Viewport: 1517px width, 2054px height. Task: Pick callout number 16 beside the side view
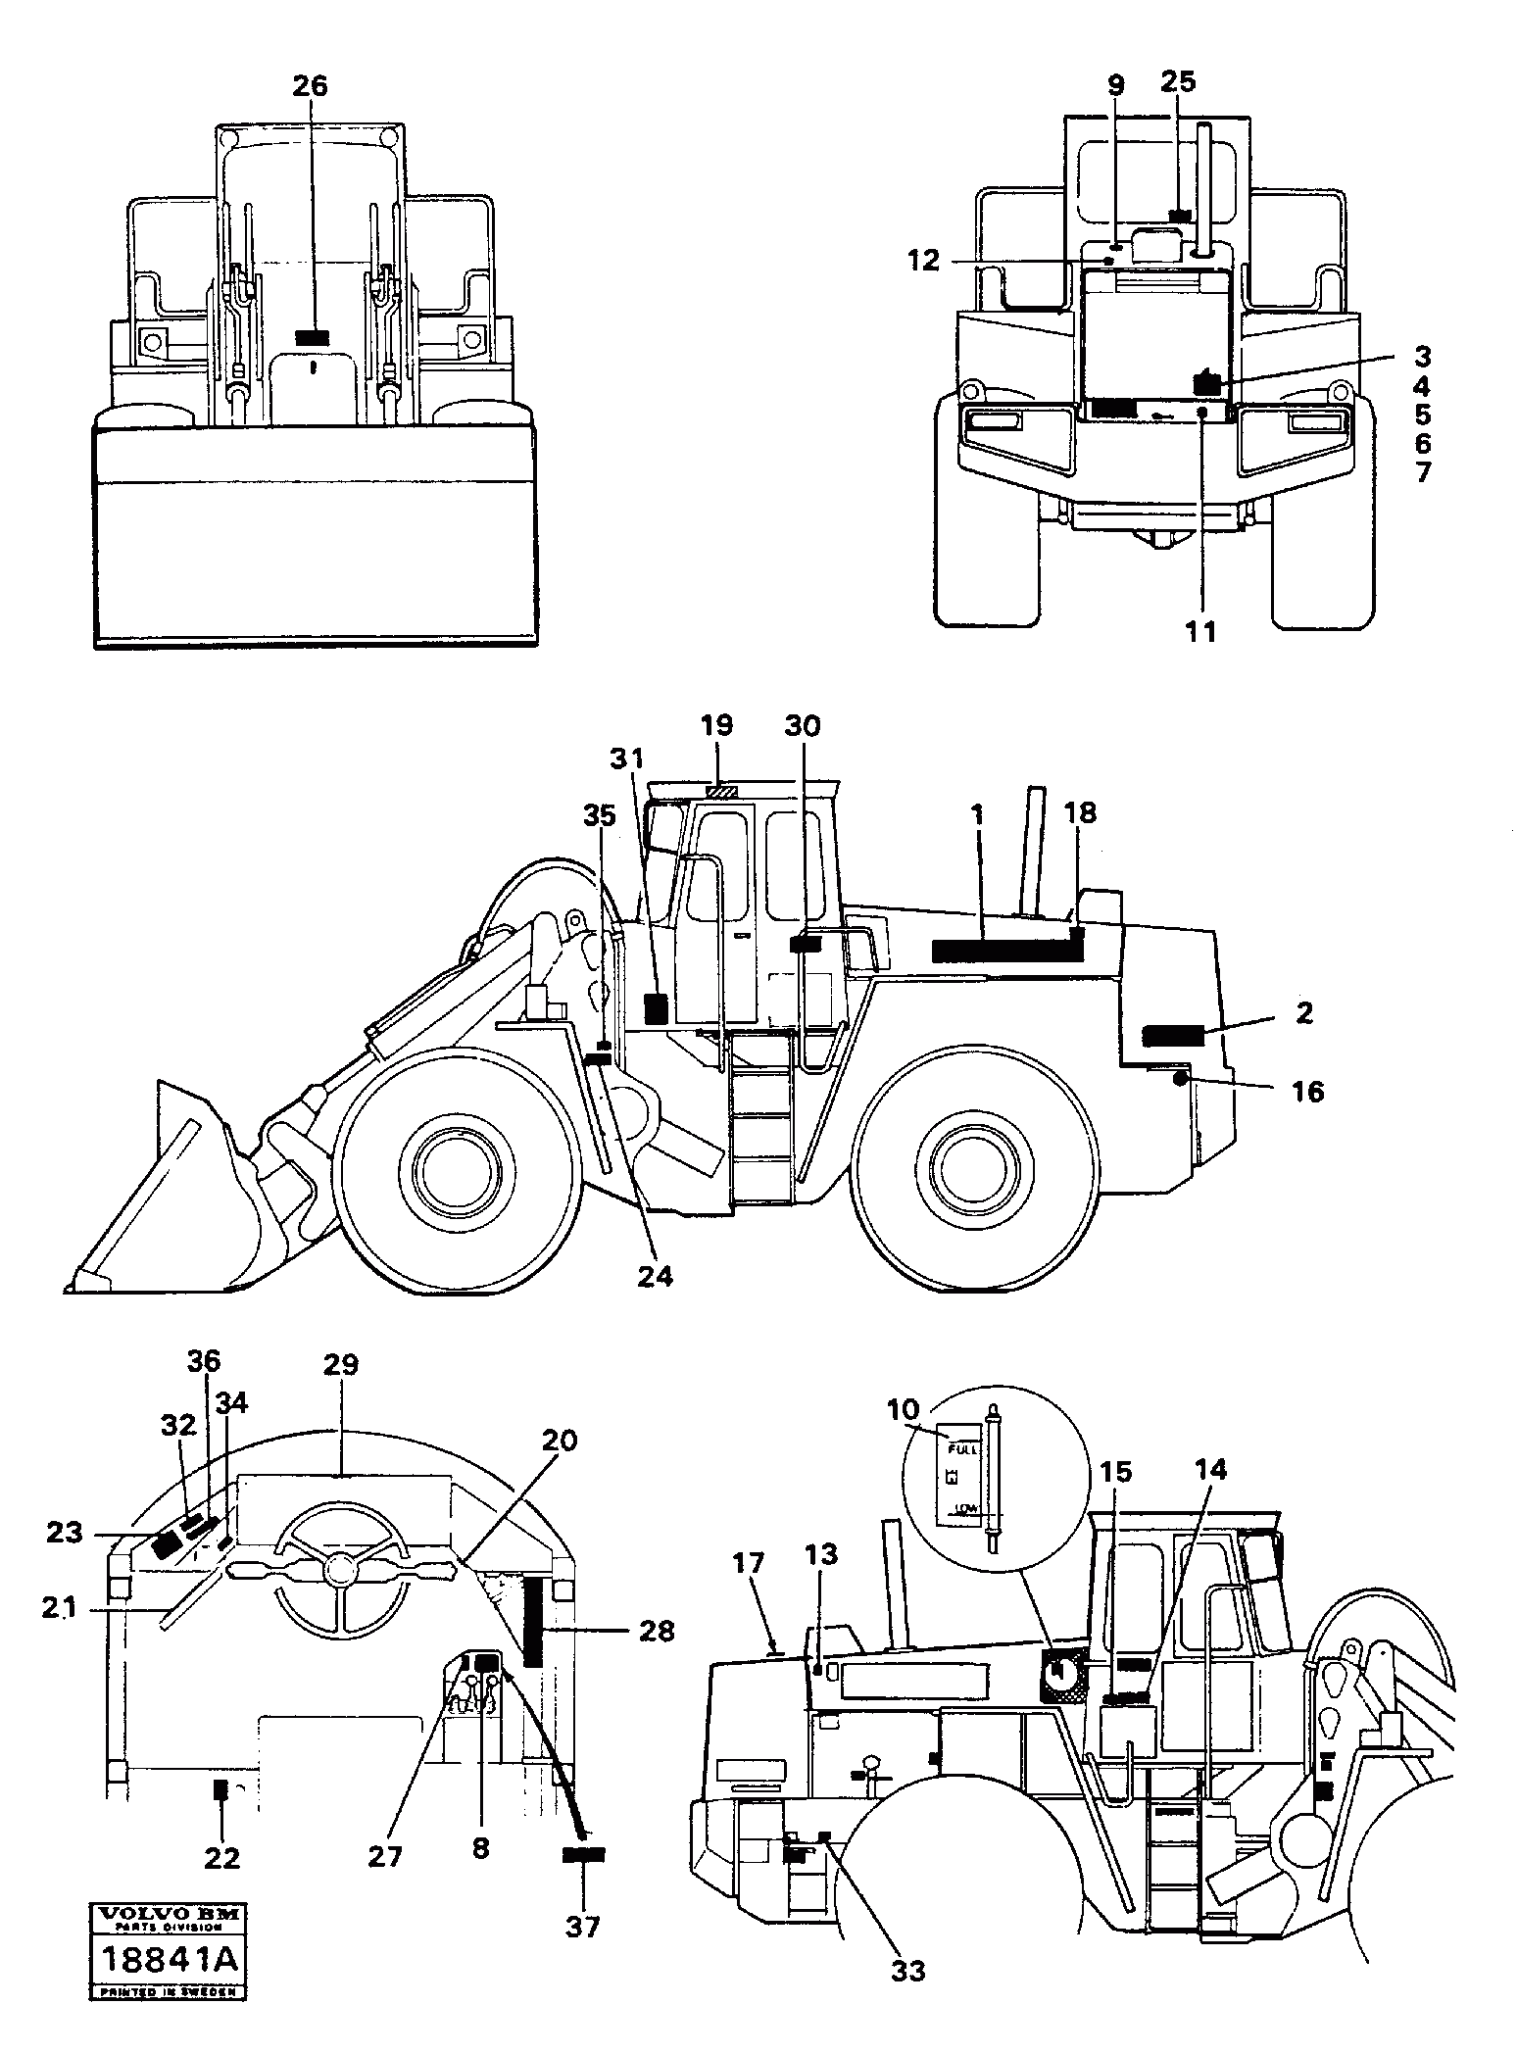click(1308, 1091)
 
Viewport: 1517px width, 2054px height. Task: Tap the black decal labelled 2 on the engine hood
click(1172, 1035)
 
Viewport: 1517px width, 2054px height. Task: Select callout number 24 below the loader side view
click(656, 1276)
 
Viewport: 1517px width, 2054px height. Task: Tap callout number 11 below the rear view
click(1200, 633)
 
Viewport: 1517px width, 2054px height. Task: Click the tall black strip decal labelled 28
click(534, 1623)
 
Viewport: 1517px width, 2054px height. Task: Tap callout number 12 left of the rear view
click(922, 260)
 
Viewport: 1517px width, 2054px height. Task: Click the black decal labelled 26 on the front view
click(312, 337)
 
